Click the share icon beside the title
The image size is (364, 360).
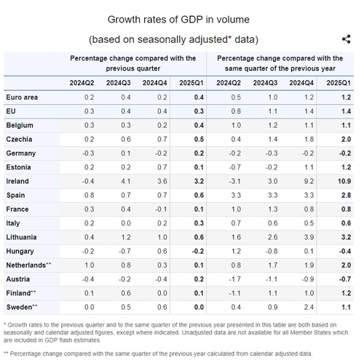tap(347, 39)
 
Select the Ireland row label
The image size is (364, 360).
tap(17, 181)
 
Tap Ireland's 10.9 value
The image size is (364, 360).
tap(344, 181)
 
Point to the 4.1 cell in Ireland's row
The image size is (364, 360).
tap(126, 181)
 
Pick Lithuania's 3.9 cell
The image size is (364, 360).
tap(309, 237)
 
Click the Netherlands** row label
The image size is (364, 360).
tap(28, 265)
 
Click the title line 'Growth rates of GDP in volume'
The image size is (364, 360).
tap(178, 20)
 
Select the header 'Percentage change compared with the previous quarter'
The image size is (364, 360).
tap(133, 63)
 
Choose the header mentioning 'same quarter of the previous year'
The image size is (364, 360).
tap(280, 63)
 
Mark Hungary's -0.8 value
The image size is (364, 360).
tap(272, 251)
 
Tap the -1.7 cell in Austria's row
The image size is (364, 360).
tap(234, 279)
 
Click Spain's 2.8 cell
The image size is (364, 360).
tap(346, 196)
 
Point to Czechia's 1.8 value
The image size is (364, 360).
tap(309, 140)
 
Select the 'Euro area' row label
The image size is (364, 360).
tap(22, 97)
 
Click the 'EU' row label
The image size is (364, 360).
tap(11, 111)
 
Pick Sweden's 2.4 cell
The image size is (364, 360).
tap(309, 307)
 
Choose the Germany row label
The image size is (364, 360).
tap(21, 153)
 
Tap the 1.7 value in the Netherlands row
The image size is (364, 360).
tap(273, 265)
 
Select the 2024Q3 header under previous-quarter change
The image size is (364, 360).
tap(119, 83)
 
